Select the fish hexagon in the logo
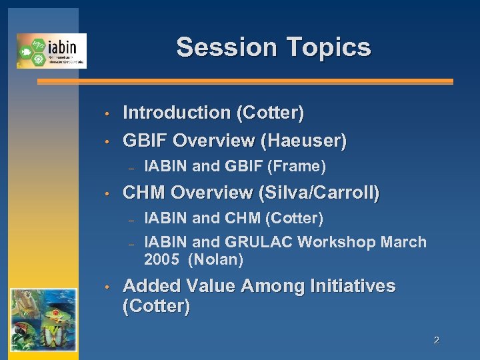(x=25, y=51)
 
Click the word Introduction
(x=177, y=113)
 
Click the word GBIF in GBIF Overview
(x=145, y=141)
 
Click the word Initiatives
(x=353, y=287)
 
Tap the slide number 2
(x=436, y=341)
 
